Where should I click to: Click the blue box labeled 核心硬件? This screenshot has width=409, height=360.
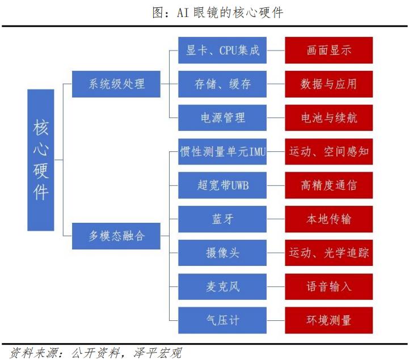point(41,160)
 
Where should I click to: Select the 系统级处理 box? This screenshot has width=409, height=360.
point(116,84)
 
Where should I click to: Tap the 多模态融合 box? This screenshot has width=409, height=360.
point(116,235)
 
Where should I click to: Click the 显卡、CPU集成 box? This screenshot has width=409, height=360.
point(222,50)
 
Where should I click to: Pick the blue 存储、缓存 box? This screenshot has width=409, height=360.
point(222,84)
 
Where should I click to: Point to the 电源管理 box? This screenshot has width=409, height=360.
point(222,118)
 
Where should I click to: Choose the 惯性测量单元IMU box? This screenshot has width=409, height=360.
point(222,151)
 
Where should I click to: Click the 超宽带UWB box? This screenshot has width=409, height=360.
point(222,185)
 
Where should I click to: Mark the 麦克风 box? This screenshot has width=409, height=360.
point(222,286)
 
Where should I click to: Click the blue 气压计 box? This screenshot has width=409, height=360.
point(222,320)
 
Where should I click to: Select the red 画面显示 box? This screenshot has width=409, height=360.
point(328,50)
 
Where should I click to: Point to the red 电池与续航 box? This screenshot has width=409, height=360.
point(328,118)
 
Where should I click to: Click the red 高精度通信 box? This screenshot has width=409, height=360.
point(328,185)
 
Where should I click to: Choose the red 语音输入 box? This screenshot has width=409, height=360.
point(328,286)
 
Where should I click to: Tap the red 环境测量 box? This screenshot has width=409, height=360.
point(328,320)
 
